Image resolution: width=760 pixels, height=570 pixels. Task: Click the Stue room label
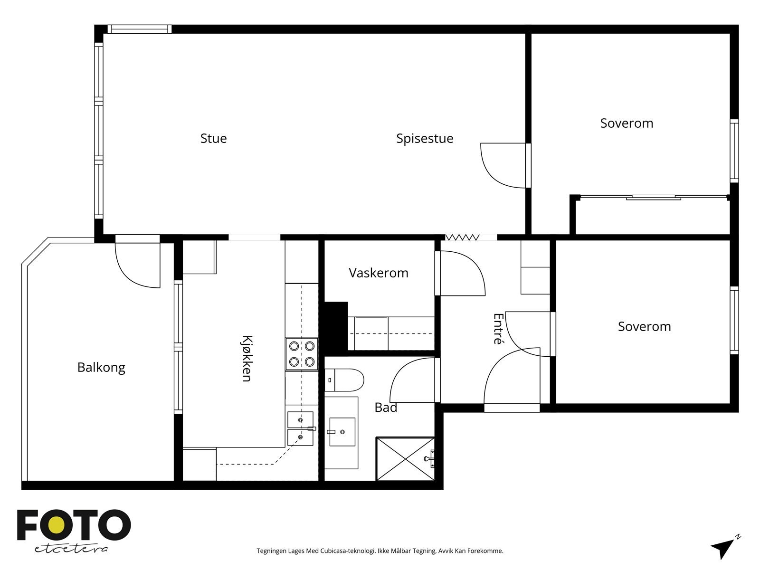point(213,138)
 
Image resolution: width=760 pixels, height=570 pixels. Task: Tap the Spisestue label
point(425,139)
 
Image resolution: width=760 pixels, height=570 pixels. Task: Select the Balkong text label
point(101,368)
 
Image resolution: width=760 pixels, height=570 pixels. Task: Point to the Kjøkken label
point(247,359)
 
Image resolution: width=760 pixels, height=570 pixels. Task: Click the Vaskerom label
point(379,273)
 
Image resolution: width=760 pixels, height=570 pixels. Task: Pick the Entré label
point(498,329)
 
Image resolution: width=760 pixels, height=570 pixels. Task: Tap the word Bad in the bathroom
point(386,408)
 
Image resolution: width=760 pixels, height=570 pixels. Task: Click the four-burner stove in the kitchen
point(302,354)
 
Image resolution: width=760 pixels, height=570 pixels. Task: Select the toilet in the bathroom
point(344,380)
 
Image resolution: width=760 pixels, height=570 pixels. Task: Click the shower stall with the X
point(406,459)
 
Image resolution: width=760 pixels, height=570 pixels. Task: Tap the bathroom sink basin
point(342,432)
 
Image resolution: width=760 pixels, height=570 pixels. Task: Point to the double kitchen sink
point(301,428)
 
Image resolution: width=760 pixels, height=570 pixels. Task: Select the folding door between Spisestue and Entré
point(462,237)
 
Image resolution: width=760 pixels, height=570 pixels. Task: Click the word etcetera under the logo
point(71,549)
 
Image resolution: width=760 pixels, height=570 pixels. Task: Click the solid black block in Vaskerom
point(335,326)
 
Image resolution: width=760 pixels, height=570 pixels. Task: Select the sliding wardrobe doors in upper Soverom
point(653,197)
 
